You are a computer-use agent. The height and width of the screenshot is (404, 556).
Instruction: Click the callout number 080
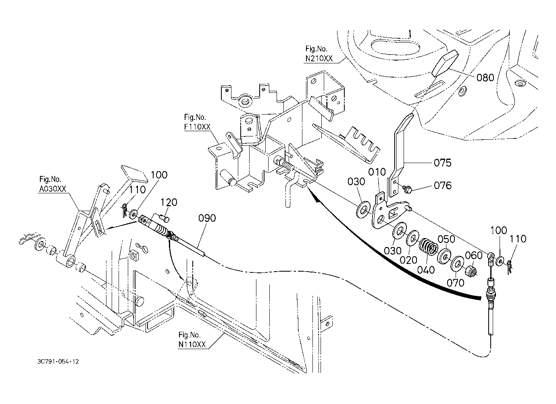click(x=485, y=78)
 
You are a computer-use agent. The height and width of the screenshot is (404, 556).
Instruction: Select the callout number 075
click(x=443, y=163)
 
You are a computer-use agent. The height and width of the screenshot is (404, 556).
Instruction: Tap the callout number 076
click(x=443, y=186)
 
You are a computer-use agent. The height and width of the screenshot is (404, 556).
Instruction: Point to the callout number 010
click(x=377, y=172)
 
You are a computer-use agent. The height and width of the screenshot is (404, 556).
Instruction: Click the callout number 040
click(x=426, y=270)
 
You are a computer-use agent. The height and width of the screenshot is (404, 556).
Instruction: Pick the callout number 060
click(x=473, y=255)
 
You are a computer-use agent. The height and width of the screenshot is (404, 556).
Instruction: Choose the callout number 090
click(x=207, y=218)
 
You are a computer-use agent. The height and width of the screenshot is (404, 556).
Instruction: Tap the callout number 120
click(x=169, y=203)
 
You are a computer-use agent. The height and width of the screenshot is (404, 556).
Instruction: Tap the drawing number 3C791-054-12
click(x=58, y=362)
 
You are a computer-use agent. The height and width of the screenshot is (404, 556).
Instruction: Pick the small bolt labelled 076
click(x=407, y=189)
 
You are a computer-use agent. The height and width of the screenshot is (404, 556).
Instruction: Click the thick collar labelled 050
click(x=444, y=255)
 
